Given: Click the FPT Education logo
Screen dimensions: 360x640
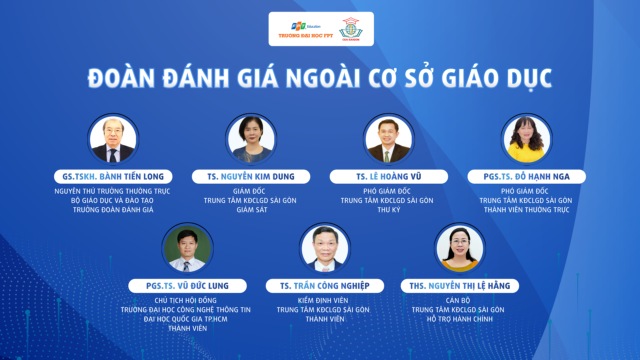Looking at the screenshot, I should click(x=306, y=30).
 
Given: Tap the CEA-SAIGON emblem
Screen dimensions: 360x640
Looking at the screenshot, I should click(x=351, y=29).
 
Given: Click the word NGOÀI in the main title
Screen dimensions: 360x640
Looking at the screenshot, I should click(x=323, y=78).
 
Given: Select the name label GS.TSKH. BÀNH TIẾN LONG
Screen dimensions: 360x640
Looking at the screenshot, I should click(x=113, y=177).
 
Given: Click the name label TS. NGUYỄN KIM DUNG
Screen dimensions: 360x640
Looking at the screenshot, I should click(x=251, y=177).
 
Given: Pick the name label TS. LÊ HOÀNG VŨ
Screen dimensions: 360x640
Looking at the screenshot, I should click(x=389, y=177).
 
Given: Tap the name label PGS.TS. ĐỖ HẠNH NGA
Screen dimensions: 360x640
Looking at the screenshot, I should click(x=526, y=177).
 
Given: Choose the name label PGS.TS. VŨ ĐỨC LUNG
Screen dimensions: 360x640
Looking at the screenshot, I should click(x=187, y=286).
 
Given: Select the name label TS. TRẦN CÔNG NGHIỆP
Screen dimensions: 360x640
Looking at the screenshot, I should click(x=325, y=286).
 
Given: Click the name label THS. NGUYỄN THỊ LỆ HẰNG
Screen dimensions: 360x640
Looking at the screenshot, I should click(x=460, y=286).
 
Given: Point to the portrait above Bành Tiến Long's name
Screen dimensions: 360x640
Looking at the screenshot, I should click(x=113, y=139).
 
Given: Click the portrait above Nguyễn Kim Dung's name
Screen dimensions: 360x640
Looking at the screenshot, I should click(x=251, y=139).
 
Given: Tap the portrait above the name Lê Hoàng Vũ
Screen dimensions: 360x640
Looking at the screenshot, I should click(x=389, y=139).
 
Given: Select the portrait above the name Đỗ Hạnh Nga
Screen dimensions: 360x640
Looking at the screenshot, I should click(x=527, y=139).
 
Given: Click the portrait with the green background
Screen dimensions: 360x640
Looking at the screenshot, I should click(x=187, y=249).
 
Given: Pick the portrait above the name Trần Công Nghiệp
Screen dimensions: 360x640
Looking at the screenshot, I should click(x=325, y=249).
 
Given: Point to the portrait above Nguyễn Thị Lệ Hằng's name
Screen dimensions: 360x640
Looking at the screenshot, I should click(x=460, y=249).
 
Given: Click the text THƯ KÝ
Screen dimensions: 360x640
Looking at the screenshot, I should click(x=389, y=210).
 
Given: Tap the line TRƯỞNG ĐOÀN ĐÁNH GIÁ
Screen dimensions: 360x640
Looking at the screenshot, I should click(x=113, y=210).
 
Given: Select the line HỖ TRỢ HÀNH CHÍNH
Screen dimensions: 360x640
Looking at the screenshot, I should click(x=460, y=319).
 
